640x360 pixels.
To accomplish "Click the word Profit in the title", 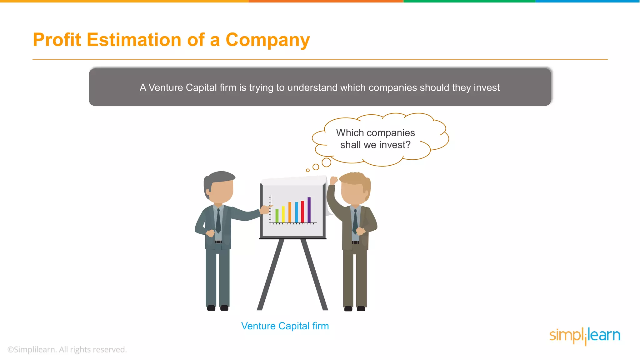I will tap(57, 40).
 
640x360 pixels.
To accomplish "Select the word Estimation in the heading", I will tap(134, 40).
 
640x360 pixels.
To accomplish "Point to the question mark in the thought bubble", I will tap(407, 145).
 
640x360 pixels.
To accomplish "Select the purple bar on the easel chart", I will tap(309, 210).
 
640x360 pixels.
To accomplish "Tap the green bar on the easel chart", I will tap(277, 216).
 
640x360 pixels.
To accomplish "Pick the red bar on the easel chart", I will tap(302, 212).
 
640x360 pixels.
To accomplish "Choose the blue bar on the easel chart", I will tap(296, 212).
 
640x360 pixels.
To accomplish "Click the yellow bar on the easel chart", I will tap(283, 214).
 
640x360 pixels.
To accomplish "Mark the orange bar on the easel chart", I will tap(290, 212).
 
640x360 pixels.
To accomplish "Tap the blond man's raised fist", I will tap(334, 180).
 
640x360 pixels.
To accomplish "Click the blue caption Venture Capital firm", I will tap(285, 326).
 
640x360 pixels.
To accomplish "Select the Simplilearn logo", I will tap(585, 336).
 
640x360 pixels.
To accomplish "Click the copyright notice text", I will tap(67, 350).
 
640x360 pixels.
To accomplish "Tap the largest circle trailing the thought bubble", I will tap(326, 162).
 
